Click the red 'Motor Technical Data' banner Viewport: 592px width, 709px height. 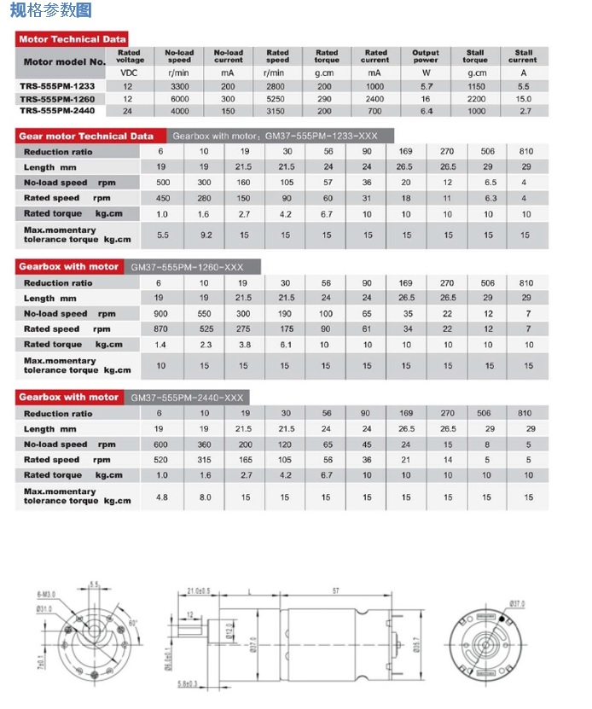(x=73, y=39)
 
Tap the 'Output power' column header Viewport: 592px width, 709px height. (x=426, y=56)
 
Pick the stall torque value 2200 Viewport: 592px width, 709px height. (x=475, y=98)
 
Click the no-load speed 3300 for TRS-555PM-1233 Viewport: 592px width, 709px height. (x=179, y=86)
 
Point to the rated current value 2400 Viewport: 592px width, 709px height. (x=375, y=98)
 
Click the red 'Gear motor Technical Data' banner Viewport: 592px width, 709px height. (x=86, y=136)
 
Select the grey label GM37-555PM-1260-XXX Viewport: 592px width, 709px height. (x=189, y=267)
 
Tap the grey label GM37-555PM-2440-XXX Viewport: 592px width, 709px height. (x=189, y=398)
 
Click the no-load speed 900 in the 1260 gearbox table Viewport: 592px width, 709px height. (x=160, y=314)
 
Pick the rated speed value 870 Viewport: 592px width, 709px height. (x=160, y=329)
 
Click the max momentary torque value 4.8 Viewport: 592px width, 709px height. (x=160, y=496)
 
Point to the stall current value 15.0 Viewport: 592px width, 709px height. (x=523, y=98)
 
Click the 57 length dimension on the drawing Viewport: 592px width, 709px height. (x=336, y=590)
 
